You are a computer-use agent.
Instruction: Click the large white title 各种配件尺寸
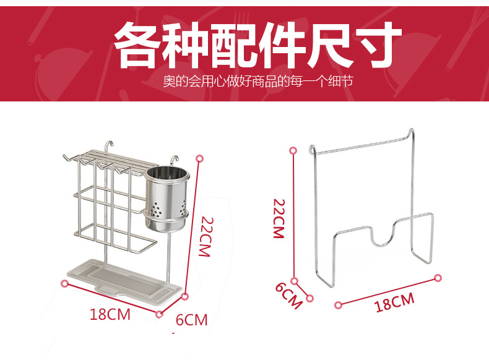[257, 45]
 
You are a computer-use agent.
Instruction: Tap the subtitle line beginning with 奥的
[257, 82]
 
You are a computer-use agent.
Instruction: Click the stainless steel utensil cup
[167, 199]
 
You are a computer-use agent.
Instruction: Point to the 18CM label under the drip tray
[110, 314]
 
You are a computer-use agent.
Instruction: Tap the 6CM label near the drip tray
[191, 320]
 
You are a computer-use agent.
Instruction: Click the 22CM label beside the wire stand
[279, 218]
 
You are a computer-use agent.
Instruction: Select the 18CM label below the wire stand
[395, 302]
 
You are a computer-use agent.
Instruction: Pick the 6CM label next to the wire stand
[289, 295]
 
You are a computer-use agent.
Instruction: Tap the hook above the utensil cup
[175, 162]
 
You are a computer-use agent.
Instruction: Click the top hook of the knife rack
[109, 146]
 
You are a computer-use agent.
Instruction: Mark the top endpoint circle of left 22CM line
[199, 158]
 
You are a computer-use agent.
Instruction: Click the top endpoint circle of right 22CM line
[293, 150]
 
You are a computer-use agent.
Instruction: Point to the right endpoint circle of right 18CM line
[438, 278]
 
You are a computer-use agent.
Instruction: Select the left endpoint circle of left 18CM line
[64, 283]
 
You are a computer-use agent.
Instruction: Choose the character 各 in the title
[137, 45]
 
